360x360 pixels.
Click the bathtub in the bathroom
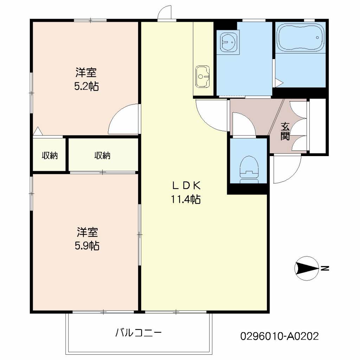pyautogui.click(x=301, y=37)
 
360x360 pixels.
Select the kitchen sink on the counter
pyautogui.click(x=202, y=77)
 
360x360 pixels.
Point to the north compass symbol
pyautogui.click(x=307, y=268)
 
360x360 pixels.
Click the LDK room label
pyautogui.click(x=186, y=186)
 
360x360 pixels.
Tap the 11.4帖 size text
pyautogui.click(x=186, y=199)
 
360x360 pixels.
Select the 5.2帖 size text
pyautogui.click(x=86, y=86)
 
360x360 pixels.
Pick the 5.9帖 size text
pyautogui.click(x=87, y=246)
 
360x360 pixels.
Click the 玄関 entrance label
pyautogui.click(x=285, y=131)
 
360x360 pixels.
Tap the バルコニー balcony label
pyautogui.click(x=139, y=333)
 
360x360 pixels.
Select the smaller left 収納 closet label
pyautogui.click(x=50, y=156)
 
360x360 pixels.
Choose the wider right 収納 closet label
pyautogui.click(x=102, y=156)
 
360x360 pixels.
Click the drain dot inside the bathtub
pyautogui.click(x=317, y=37)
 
